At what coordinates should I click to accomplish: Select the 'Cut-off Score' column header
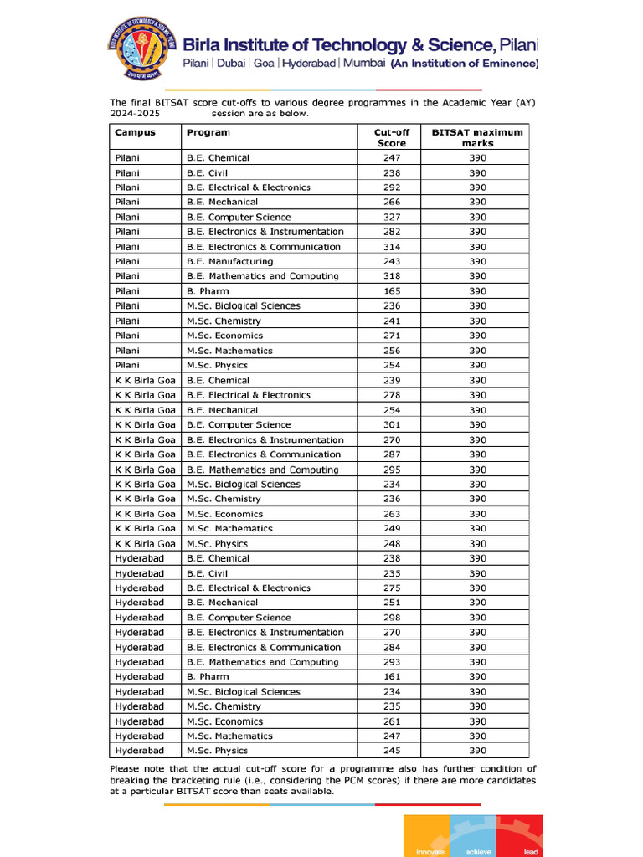[x=391, y=137]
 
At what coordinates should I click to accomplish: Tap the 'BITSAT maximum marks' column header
[x=476, y=137]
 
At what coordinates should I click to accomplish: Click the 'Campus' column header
[x=135, y=132]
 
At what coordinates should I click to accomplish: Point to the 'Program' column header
[x=208, y=132]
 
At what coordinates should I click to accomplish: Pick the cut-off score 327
[x=391, y=217]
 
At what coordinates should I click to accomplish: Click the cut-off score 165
[x=391, y=291]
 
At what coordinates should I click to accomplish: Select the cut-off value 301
[x=391, y=425]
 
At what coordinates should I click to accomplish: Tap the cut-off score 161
[x=391, y=676]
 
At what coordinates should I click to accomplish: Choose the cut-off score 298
[x=391, y=618]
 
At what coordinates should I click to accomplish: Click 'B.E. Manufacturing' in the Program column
[x=229, y=261]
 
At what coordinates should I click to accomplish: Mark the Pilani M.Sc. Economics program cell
[x=224, y=336]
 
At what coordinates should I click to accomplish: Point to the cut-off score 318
[x=391, y=276]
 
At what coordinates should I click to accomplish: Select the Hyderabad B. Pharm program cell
[x=208, y=676]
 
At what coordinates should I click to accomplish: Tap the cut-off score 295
[x=391, y=470]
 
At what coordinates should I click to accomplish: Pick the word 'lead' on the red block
[x=530, y=852]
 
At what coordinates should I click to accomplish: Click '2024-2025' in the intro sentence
[x=135, y=113]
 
